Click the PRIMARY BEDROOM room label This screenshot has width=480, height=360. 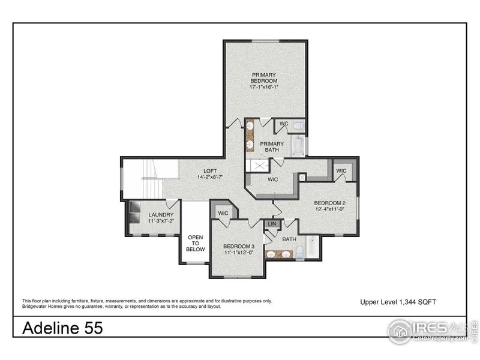[264, 78]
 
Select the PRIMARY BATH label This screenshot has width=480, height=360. [271, 147]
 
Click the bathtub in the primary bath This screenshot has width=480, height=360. [298, 146]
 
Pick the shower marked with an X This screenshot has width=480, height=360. [259, 166]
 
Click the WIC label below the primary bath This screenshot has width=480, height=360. [272, 179]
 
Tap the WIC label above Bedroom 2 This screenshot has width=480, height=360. [341, 171]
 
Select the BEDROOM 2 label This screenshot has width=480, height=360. [329, 203]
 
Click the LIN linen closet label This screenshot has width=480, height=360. [272, 223]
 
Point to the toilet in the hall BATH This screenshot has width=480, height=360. [299, 252]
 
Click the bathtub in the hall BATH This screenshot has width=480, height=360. [313, 247]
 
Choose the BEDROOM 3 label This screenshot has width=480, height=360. [239, 247]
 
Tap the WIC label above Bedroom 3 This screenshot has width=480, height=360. [223, 213]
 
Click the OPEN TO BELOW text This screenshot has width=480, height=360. [195, 243]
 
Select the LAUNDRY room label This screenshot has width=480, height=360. [161, 215]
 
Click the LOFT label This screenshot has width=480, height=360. [210, 170]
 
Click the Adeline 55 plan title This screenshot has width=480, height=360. [62, 328]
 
